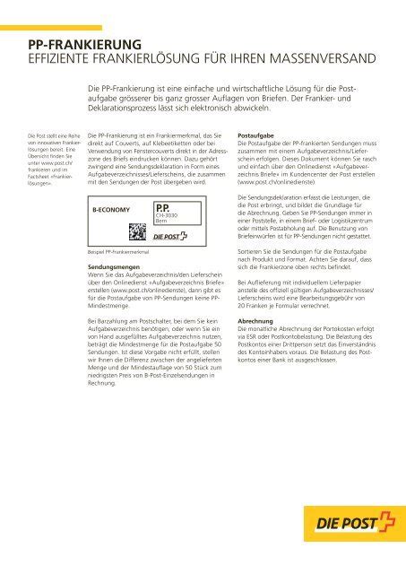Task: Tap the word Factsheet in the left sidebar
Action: (x=39, y=179)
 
